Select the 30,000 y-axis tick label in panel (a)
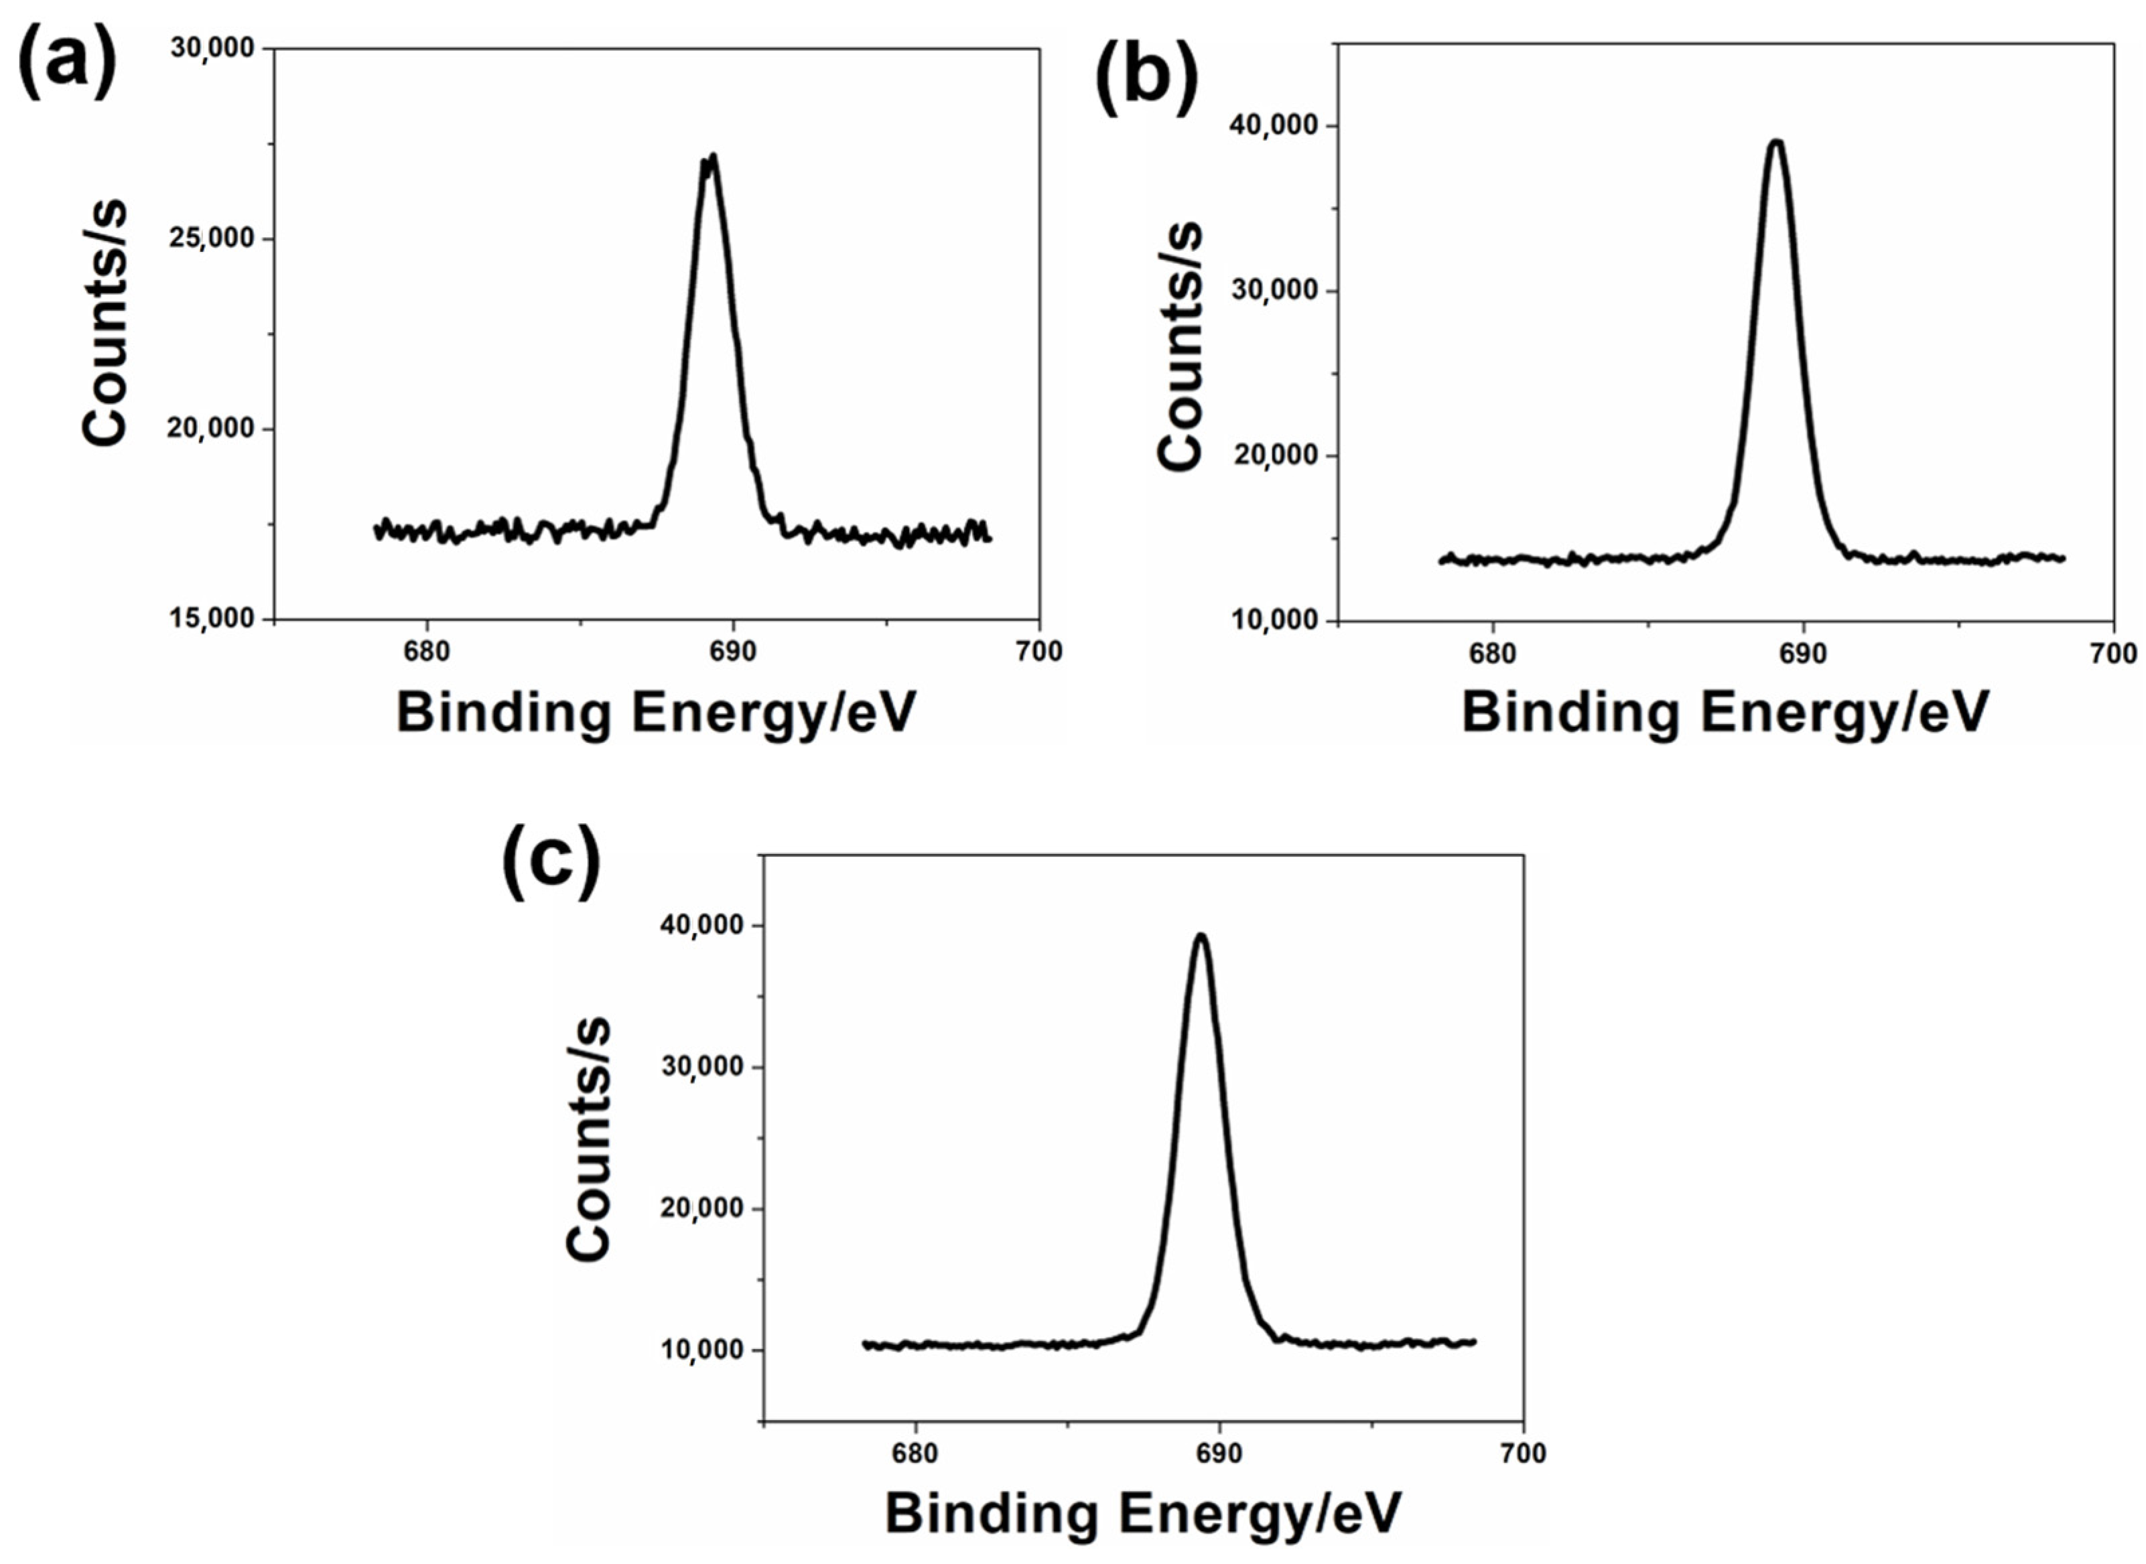(x=212, y=48)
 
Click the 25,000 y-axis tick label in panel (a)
(x=212, y=238)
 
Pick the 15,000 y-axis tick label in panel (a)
(x=212, y=618)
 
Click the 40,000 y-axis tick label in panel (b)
(x=1275, y=126)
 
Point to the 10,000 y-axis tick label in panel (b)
(x=1275, y=620)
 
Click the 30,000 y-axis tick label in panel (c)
(x=701, y=1067)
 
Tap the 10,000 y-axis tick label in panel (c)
(x=701, y=1350)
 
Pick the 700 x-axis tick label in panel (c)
(x=1523, y=1453)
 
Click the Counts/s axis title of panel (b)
(x=1179, y=346)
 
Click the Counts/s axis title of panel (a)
(x=104, y=322)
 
